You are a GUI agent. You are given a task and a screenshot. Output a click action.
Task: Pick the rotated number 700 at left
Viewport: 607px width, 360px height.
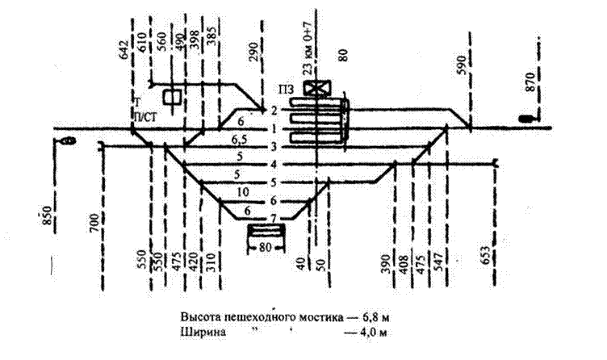94,221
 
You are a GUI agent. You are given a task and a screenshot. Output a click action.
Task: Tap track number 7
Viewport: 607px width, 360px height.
274,220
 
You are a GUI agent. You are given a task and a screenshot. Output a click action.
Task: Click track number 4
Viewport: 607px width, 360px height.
274,165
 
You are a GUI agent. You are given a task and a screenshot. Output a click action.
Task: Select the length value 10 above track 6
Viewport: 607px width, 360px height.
243,191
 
